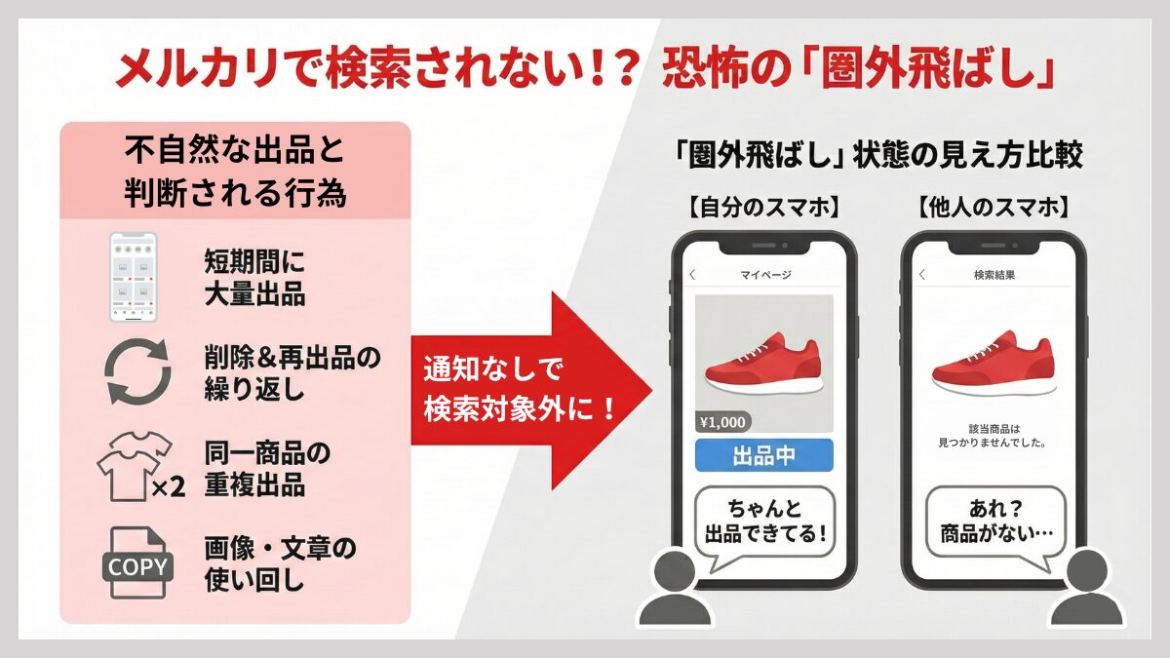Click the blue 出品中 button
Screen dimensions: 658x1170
point(764,456)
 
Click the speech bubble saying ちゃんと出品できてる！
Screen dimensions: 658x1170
point(764,522)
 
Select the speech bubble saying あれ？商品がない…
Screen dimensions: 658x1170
point(992,522)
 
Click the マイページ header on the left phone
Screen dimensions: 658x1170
point(765,275)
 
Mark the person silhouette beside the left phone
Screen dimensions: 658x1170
point(672,589)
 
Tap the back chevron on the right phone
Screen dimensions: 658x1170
point(922,275)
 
